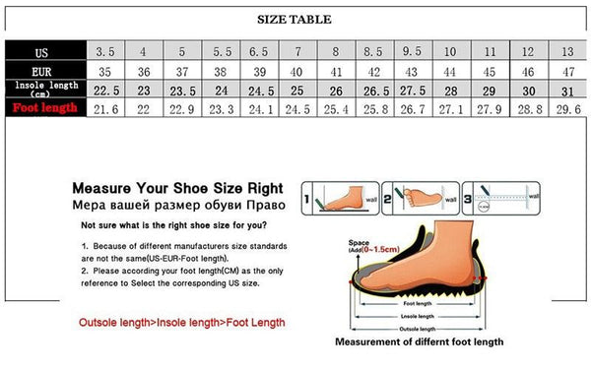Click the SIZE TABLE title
[x=295, y=20]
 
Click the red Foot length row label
[x=43, y=106]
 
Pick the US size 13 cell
[x=566, y=51]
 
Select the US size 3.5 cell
[x=105, y=51]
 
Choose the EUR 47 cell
[x=566, y=71]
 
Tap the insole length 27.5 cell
[x=413, y=89]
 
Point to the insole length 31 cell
[x=566, y=89]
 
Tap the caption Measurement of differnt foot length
[x=419, y=340]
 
